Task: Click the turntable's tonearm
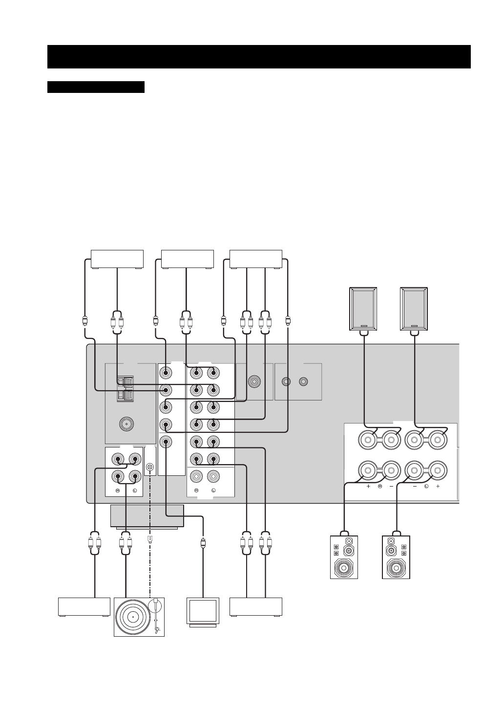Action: (x=156, y=615)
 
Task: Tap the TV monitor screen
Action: (x=203, y=611)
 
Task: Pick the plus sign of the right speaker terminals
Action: (x=368, y=487)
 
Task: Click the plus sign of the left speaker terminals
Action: (x=438, y=487)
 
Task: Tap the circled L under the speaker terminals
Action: (x=426, y=487)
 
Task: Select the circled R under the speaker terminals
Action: (x=379, y=487)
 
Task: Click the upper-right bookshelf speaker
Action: (x=414, y=309)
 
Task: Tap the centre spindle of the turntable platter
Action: (x=132, y=616)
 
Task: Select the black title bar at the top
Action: (x=259, y=57)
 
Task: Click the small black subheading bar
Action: (x=96, y=87)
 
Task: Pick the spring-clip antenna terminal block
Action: (x=125, y=388)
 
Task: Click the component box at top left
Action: (x=117, y=259)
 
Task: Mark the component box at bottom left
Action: (x=84, y=607)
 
